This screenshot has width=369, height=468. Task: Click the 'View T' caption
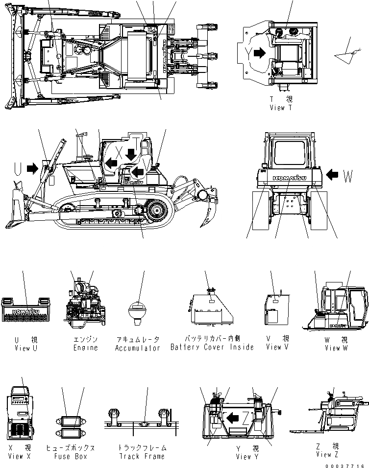[280, 108]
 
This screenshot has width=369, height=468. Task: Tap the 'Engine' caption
[85, 348]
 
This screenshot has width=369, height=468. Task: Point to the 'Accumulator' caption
[138, 348]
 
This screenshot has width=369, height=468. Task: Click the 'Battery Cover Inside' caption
[212, 347]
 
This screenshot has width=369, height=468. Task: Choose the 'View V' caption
[277, 347]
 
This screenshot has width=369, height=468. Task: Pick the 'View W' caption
[336, 348]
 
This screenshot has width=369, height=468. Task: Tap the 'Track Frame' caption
[142, 456]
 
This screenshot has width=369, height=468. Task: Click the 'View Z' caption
[331, 455]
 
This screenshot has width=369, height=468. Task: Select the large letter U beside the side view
[18, 168]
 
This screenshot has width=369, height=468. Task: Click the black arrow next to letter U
[32, 168]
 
